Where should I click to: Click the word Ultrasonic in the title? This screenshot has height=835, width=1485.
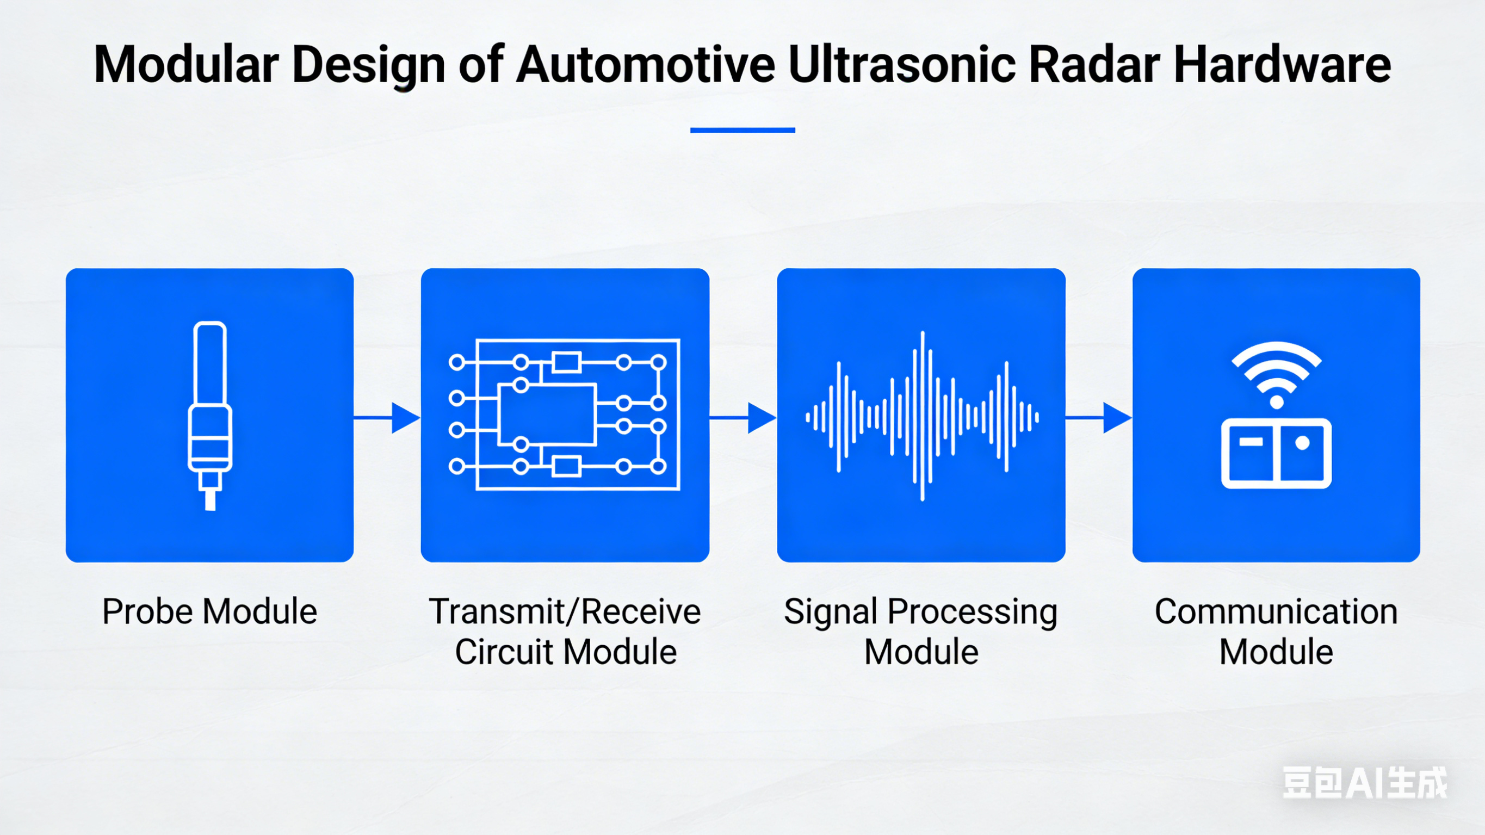[901, 65]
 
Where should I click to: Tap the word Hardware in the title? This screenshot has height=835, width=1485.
[1282, 65]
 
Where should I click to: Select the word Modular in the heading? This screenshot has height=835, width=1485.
[186, 65]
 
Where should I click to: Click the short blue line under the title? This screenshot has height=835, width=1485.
[742, 131]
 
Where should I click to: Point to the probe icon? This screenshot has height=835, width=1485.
[210, 415]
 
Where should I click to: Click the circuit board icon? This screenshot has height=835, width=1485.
[565, 415]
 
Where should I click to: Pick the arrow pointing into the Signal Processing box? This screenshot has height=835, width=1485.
[744, 417]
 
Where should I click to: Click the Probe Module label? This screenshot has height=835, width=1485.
[210, 611]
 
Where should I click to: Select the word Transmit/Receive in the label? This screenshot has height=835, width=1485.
[565, 611]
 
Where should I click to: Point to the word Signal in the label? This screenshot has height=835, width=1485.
[831, 611]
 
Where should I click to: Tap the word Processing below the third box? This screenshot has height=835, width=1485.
[973, 611]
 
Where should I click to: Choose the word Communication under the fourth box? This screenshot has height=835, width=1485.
[1276, 611]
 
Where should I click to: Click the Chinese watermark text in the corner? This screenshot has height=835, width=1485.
[1364, 783]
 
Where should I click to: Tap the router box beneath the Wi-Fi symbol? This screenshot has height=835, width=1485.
[1276, 453]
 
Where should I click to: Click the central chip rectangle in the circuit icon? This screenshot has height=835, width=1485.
[547, 415]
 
